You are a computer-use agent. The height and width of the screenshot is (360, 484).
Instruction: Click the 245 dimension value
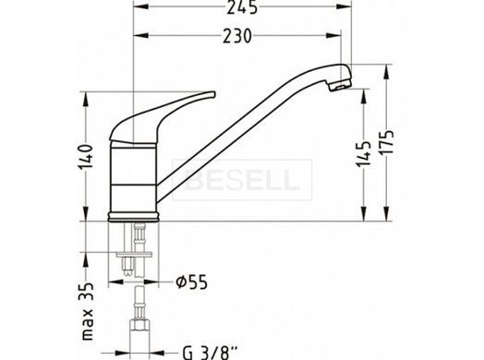pyautogui.click(x=242, y=6)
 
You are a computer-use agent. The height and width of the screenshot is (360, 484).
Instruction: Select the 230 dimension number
pyautogui.click(x=237, y=36)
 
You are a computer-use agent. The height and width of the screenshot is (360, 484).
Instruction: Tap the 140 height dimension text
pyautogui.click(x=86, y=156)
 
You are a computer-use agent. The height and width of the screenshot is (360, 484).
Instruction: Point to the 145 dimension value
pyautogui.click(x=364, y=153)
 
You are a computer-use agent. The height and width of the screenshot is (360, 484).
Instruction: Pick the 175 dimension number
pyautogui.click(x=387, y=142)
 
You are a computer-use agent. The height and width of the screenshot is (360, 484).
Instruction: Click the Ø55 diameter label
pyautogui.click(x=191, y=282)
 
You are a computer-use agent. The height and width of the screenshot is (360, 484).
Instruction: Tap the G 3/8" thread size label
pyautogui.click(x=211, y=353)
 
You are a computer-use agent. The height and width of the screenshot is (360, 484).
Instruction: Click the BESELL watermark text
pyautogui.click(x=242, y=180)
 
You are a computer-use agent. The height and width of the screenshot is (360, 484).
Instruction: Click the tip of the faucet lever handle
pyautogui.click(x=214, y=94)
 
